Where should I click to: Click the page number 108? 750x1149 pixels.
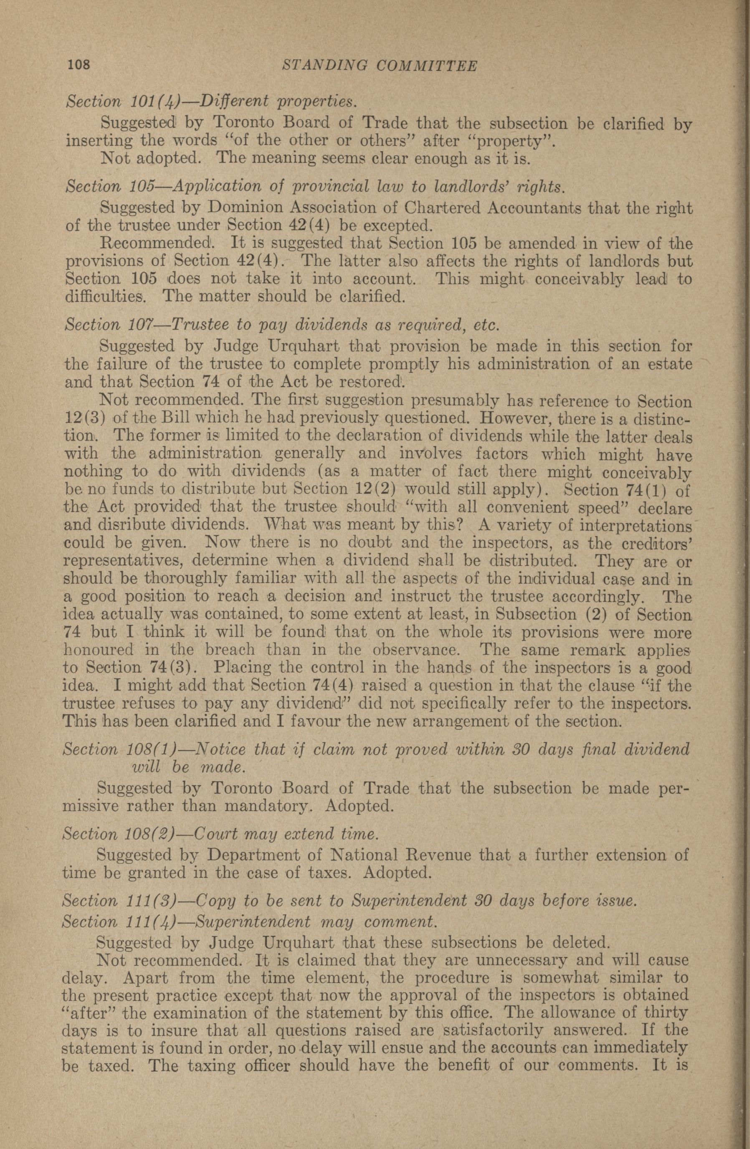(x=79, y=65)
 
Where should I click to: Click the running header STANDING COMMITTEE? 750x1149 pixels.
(x=380, y=66)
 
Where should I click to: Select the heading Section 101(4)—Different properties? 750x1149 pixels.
(x=211, y=102)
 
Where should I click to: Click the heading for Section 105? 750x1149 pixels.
(x=314, y=186)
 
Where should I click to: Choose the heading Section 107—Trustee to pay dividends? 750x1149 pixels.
(x=281, y=324)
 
